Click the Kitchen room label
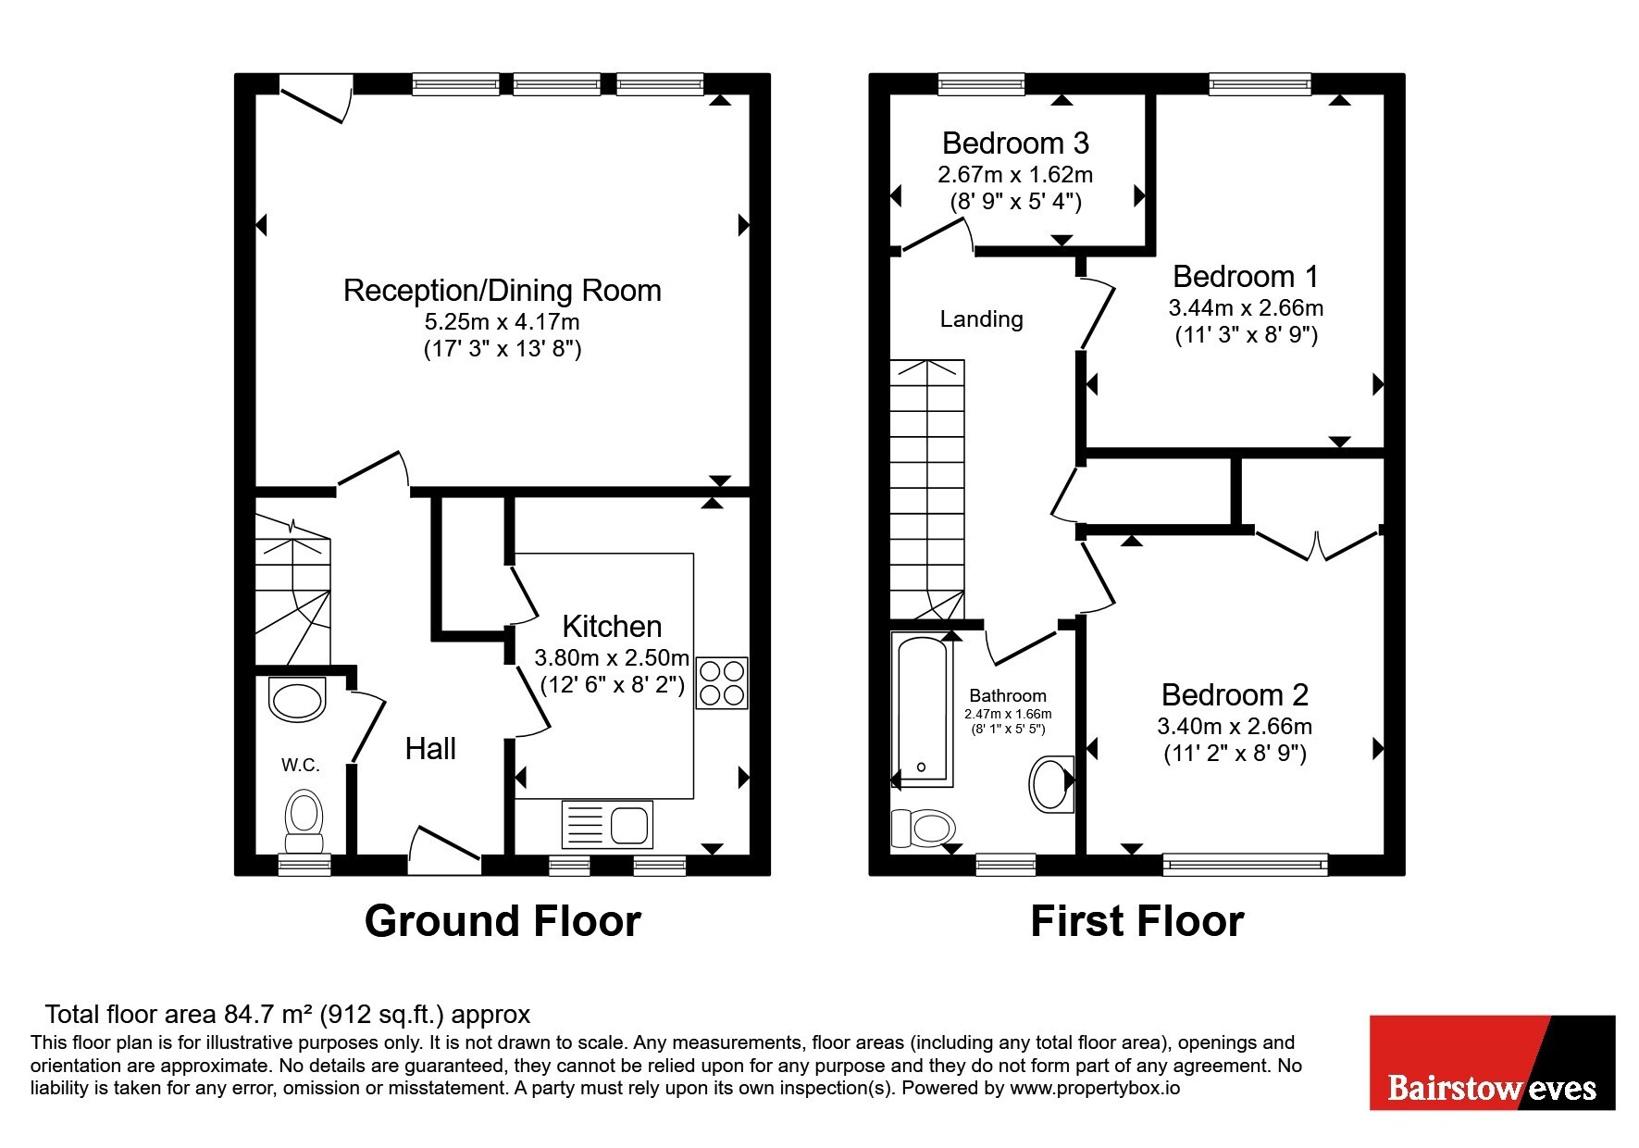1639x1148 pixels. (612, 627)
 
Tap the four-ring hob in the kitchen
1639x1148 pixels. (722, 683)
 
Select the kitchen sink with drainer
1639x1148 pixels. (607, 824)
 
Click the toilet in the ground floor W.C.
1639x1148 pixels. (304, 821)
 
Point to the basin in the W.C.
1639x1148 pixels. (297, 699)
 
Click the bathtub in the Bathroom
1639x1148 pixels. (922, 709)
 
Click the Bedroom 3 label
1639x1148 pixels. (1015, 143)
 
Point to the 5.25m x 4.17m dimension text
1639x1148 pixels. (503, 322)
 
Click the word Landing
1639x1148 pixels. (982, 319)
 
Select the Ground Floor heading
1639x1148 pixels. (503, 921)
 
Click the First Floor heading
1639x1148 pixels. (1137, 921)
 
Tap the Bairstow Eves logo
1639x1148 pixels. (1492, 1063)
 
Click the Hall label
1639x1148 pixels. (430, 749)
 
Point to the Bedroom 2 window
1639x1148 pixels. (1246, 866)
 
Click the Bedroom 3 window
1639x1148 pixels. (982, 84)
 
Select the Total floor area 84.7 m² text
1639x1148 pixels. (288, 1015)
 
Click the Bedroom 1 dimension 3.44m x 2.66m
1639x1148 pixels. (1246, 308)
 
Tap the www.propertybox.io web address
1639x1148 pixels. (1095, 1089)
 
